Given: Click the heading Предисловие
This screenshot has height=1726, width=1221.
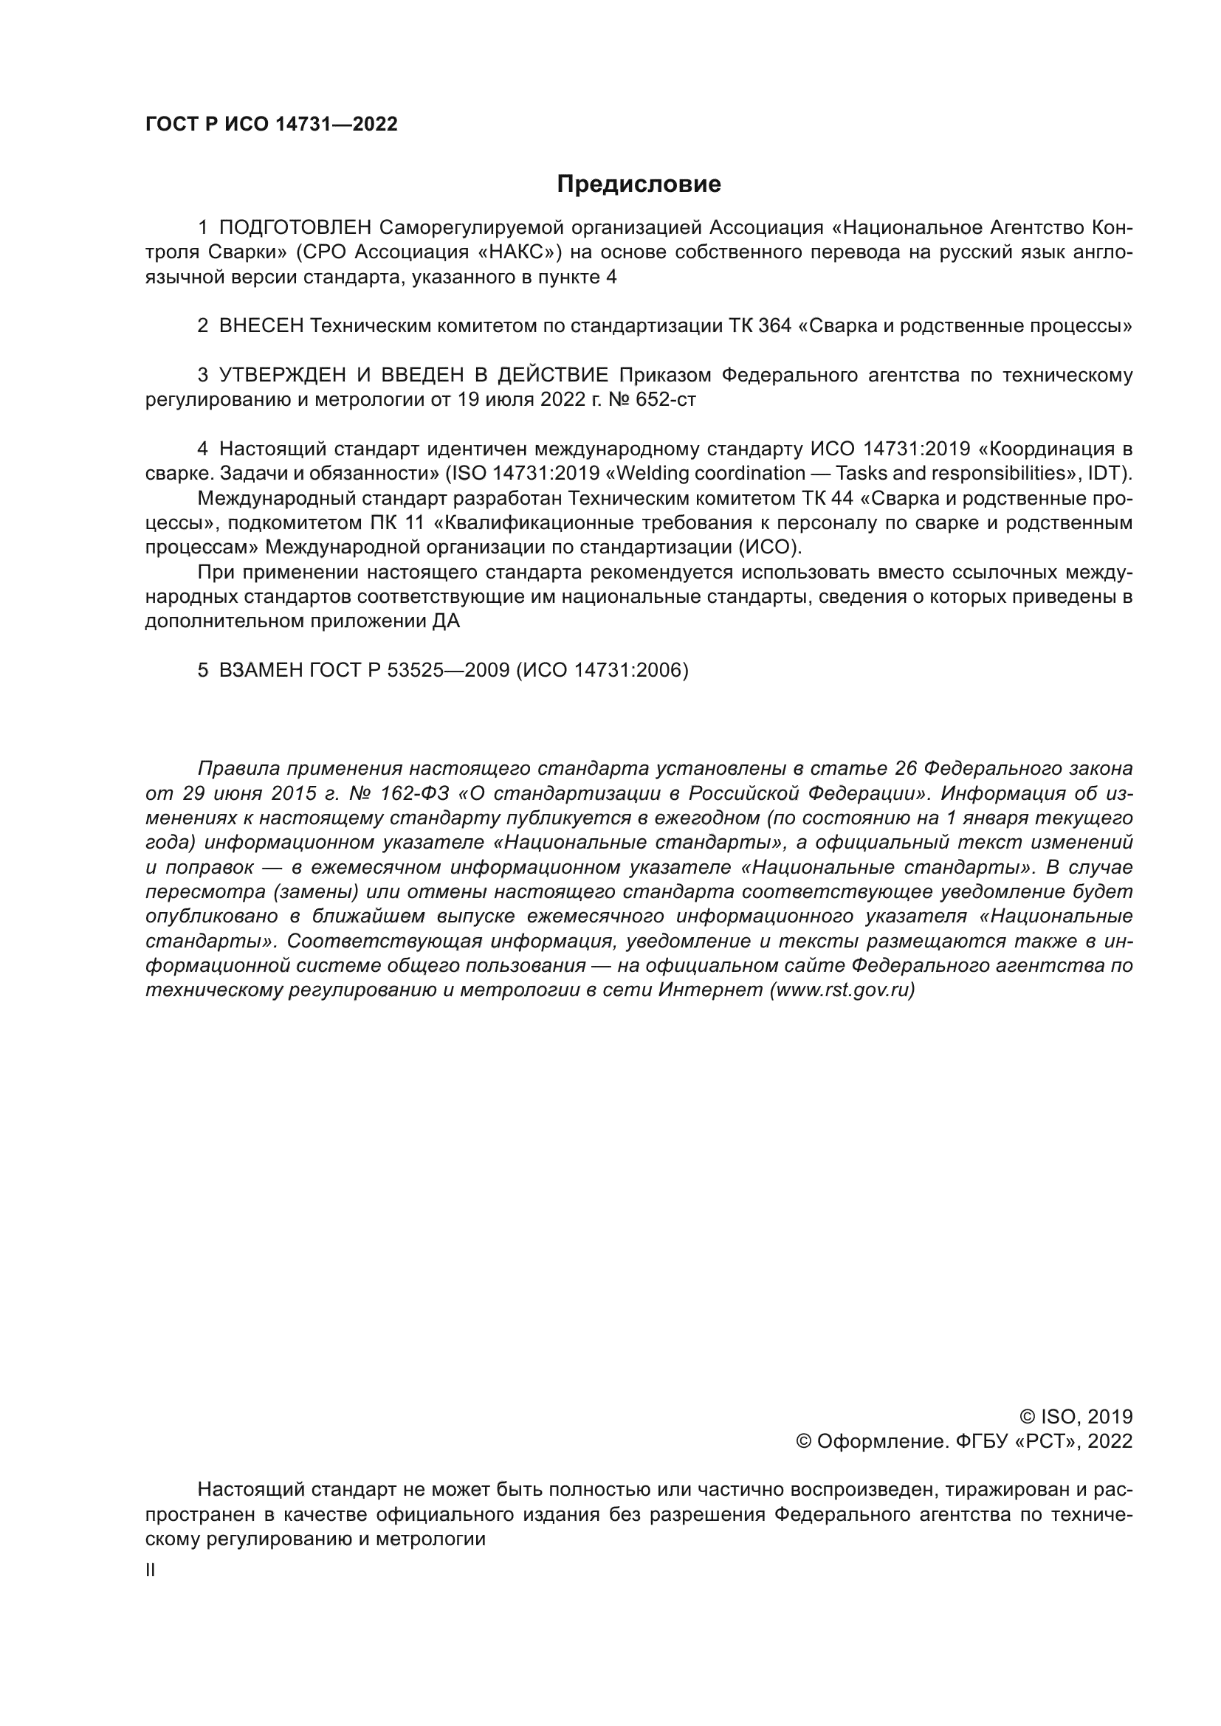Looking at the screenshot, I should [x=639, y=184].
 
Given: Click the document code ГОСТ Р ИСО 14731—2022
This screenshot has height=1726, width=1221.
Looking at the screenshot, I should [x=272, y=125].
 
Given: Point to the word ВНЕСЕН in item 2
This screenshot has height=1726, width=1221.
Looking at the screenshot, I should [x=261, y=325].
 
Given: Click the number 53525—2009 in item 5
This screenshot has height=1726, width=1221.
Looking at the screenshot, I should [x=448, y=670].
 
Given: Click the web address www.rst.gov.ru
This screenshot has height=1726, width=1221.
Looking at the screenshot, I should [x=842, y=990].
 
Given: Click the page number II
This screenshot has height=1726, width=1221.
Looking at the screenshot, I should [x=151, y=1570].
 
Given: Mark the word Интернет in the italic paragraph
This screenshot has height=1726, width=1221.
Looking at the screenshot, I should [x=710, y=990].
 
